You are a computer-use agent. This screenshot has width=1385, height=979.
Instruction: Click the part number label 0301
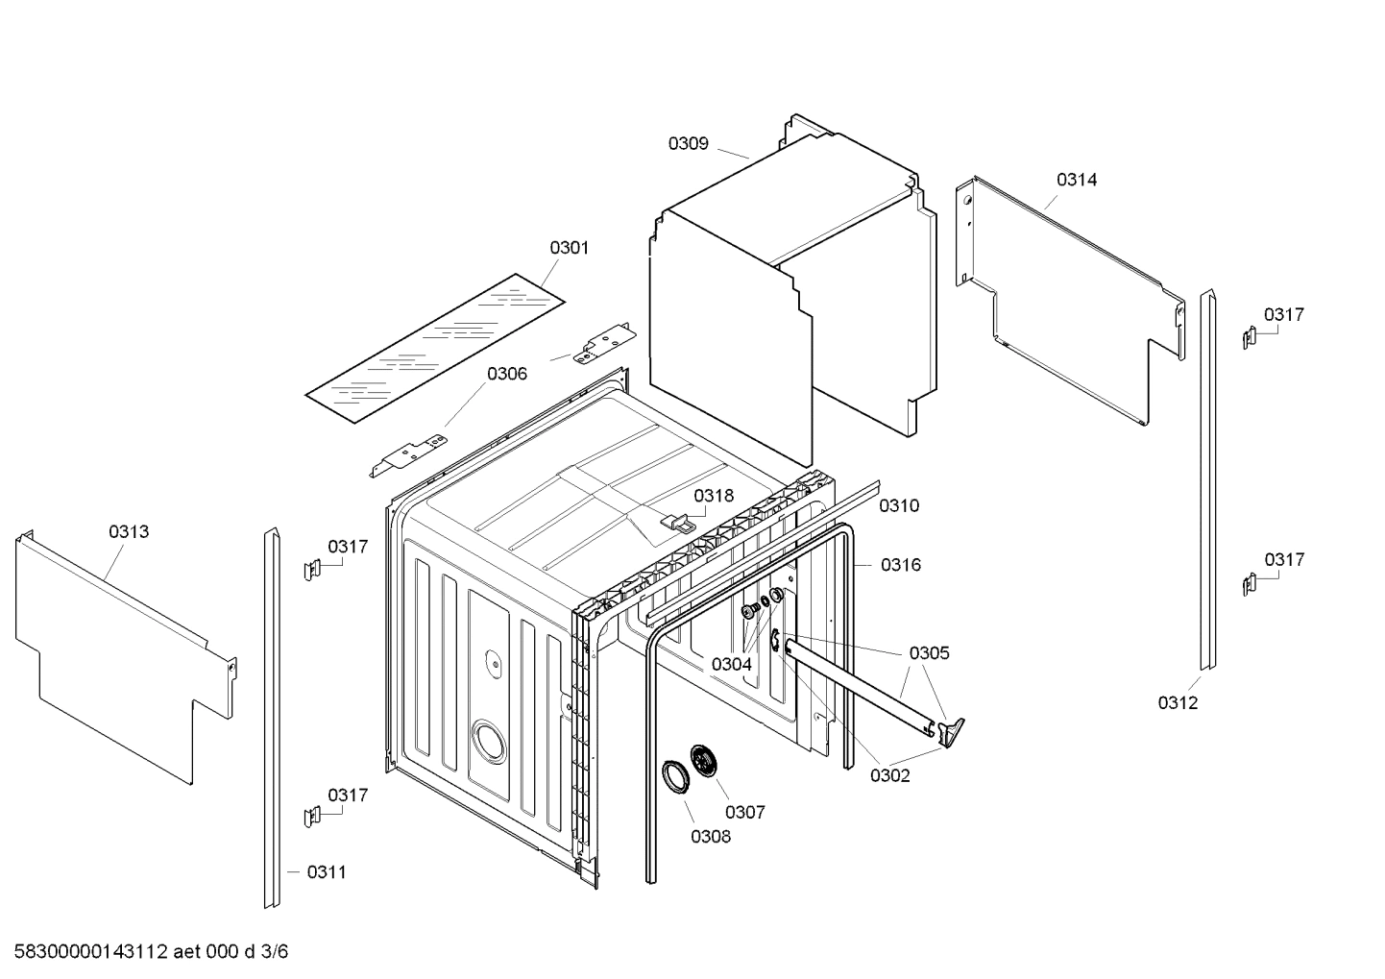(x=569, y=248)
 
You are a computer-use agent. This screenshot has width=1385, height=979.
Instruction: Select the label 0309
(x=688, y=143)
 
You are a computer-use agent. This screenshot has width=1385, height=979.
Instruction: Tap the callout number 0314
(x=1077, y=180)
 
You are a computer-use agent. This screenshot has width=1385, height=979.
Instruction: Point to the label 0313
(x=129, y=531)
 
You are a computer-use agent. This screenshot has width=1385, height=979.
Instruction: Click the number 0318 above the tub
(x=714, y=496)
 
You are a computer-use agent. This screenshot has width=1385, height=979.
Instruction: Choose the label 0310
(x=898, y=505)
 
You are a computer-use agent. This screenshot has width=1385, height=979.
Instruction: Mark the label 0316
(x=900, y=565)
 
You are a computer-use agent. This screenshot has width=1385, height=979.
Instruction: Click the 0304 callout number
(x=731, y=664)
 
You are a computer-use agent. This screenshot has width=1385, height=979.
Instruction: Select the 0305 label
(x=929, y=653)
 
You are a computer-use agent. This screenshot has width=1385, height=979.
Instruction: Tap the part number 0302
(x=889, y=775)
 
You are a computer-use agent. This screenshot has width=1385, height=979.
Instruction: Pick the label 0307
(x=744, y=812)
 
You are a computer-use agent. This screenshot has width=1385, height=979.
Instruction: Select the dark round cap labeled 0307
(x=708, y=764)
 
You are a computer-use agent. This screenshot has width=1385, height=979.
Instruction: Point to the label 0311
(x=327, y=872)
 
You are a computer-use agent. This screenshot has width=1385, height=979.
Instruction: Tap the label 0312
(x=1178, y=702)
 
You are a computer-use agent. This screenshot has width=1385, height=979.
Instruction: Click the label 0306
(x=506, y=374)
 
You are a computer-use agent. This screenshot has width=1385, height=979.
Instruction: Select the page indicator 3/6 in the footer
(x=275, y=952)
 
